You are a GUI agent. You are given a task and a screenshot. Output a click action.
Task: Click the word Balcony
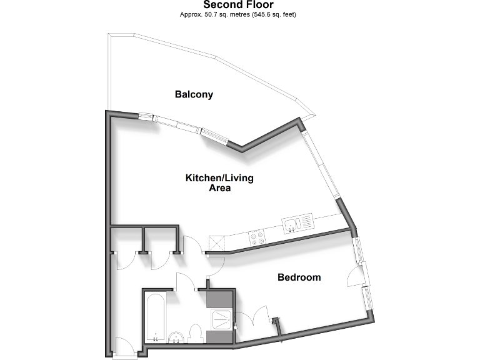(x=194, y=95)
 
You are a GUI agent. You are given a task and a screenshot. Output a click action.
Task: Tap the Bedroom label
(x=299, y=277)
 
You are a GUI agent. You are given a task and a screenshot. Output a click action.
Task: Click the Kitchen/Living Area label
(x=219, y=183)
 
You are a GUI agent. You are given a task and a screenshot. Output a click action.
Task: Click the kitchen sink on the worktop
(x=297, y=223)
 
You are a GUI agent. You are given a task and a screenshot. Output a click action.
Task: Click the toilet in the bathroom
(x=195, y=333)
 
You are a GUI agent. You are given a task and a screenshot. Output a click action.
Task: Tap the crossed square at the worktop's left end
(x=217, y=243)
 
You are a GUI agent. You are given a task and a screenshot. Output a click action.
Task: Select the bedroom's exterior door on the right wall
(x=354, y=276)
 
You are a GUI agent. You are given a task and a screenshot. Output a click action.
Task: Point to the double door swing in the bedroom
(x=256, y=316)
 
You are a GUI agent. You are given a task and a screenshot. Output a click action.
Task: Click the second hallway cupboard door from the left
(x=161, y=261)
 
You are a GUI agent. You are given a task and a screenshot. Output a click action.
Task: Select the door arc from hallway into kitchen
(x=192, y=245)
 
